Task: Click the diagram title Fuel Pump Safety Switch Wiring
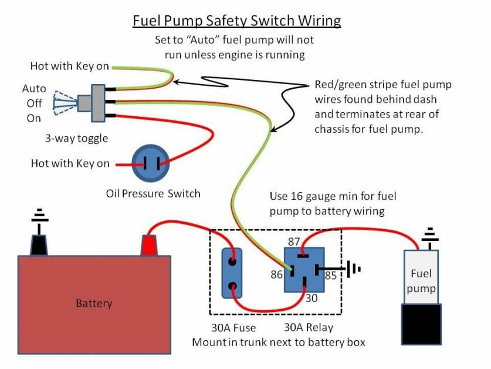click(x=236, y=21)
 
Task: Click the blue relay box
click(x=304, y=269)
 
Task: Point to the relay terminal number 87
click(x=293, y=241)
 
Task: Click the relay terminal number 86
click(x=276, y=274)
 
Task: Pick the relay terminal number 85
click(x=331, y=274)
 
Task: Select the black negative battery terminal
click(x=39, y=244)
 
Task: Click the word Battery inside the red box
click(x=94, y=304)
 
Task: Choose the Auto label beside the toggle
click(x=34, y=89)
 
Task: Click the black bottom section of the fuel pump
click(x=421, y=323)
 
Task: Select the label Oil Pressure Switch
click(x=153, y=193)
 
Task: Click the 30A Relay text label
click(x=309, y=328)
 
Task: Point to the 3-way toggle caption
click(x=76, y=139)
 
